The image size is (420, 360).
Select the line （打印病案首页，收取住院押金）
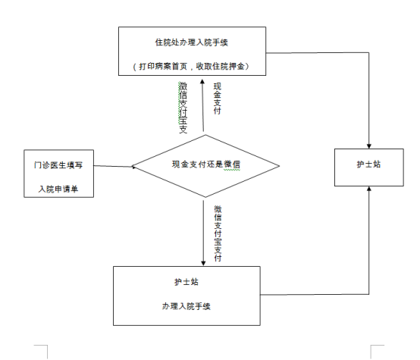[193, 67]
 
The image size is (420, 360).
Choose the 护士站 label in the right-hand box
[368, 164]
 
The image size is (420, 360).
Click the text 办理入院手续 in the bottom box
[185, 306]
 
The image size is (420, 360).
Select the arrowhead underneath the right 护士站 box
[368, 189]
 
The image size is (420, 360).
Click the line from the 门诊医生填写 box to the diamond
[114, 166]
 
